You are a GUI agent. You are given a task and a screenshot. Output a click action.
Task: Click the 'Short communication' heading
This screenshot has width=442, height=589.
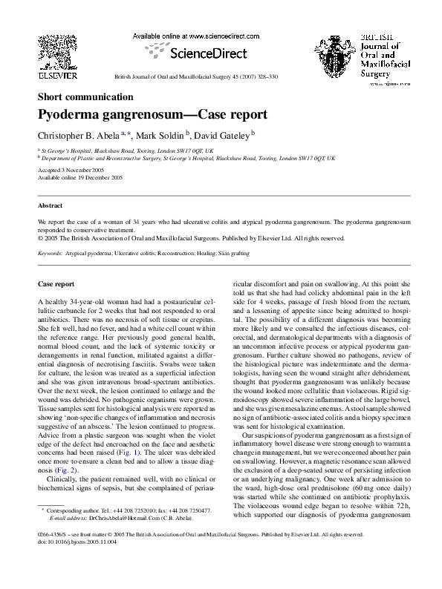click(85, 96)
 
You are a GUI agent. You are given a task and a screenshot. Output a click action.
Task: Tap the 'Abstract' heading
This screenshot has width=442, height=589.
click(51, 205)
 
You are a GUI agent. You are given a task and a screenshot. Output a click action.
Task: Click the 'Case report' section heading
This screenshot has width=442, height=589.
click(56, 284)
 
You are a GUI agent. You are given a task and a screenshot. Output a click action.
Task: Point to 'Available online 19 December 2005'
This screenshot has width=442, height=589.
click(79, 178)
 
